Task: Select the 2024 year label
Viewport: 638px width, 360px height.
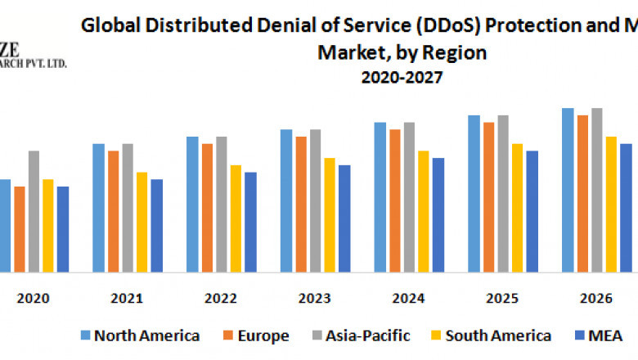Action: click(408, 299)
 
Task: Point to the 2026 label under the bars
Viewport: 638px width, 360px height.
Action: click(595, 299)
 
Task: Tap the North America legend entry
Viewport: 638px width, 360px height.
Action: click(140, 335)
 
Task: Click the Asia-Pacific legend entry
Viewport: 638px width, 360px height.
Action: click(360, 335)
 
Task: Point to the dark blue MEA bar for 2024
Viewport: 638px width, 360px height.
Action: click(438, 214)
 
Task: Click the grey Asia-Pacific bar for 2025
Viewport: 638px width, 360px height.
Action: click(503, 193)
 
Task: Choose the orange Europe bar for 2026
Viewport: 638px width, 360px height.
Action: click(582, 193)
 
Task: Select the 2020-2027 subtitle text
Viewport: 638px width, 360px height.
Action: click(402, 78)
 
